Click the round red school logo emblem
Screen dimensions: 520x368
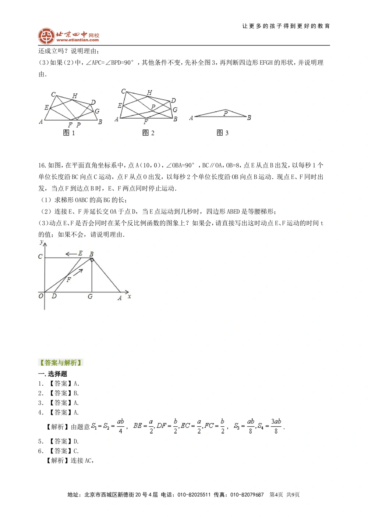click(x=46, y=36)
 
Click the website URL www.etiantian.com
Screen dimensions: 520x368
click(x=78, y=40)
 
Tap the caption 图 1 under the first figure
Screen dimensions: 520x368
click(x=69, y=133)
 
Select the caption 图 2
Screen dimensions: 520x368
click(x=148, y=133)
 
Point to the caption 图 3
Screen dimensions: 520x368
click(x=222, y=133)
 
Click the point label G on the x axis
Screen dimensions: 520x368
click(x=90, y=297)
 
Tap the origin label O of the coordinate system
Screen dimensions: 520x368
click(x=41, y=296)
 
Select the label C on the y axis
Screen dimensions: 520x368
click(x=40, y=256)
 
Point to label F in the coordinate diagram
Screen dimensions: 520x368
click(x=68, y=280)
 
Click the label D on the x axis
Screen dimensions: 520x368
click(x=54, y=296)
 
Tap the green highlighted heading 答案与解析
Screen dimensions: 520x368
click(x=61, y=363)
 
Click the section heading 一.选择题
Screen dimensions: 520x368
click(x=53, y=374)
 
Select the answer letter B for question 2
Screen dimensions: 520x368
click(x=76, y=393)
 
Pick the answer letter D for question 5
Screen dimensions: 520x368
click(x=76, y=441)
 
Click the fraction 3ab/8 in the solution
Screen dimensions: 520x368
click(x=276, y=426)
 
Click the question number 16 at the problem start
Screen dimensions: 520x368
click(x=42, y=165)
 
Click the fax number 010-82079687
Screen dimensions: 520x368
click(x=247, y=495)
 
